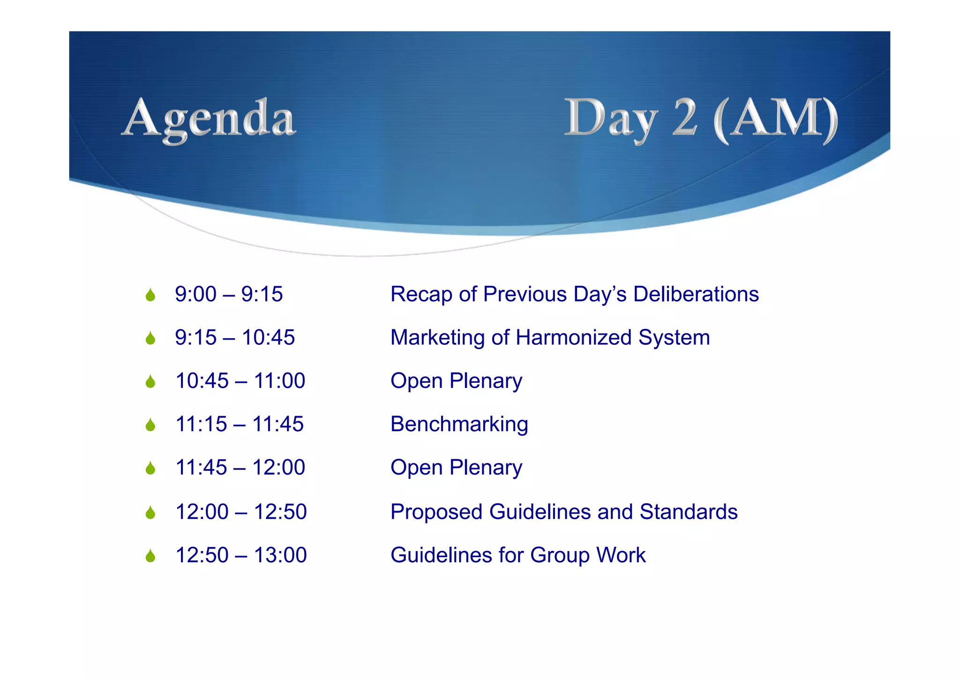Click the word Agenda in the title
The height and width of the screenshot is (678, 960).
(209, 119)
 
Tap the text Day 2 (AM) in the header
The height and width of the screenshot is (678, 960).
(700, 119)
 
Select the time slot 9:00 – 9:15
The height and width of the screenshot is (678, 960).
(229, 294)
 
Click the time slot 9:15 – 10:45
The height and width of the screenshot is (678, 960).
(235, 337)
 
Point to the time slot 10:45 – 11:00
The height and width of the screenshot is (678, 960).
(240, 380)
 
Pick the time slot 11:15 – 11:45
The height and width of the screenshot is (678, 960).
(240, 424)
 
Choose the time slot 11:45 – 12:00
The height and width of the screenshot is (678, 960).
(240, 468)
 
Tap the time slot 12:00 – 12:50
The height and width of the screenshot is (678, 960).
(241, 512)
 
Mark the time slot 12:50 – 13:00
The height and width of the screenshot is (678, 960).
(241, 555)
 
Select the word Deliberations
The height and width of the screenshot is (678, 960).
(696, 294)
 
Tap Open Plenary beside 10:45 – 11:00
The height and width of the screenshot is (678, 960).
(456, 381)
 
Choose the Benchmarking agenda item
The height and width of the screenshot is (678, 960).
(459, 425)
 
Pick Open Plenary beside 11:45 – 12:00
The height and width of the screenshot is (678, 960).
(456, 468)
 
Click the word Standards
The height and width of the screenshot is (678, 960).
(689, 512)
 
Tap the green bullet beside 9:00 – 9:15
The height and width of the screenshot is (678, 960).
(150, 295)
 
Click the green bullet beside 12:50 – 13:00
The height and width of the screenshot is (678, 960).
(150, 556)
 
